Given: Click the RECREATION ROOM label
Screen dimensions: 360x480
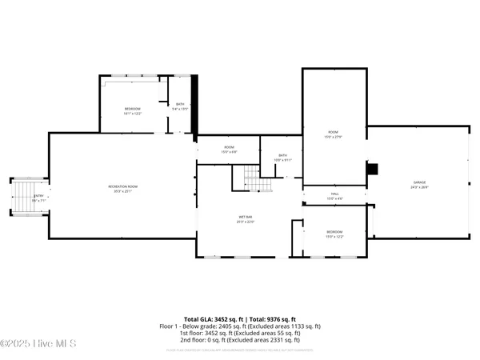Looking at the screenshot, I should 124,186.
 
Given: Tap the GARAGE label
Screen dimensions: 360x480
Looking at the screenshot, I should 420,183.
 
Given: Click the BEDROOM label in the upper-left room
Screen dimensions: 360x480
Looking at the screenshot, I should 133,108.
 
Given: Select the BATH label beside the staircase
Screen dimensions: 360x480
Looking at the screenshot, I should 282,156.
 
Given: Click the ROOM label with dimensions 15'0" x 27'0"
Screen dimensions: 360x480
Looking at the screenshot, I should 333,132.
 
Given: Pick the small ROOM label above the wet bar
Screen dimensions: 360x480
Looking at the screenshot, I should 229,148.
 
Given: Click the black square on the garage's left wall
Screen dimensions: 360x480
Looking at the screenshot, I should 372,169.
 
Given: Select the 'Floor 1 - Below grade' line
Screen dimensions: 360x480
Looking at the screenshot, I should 240,326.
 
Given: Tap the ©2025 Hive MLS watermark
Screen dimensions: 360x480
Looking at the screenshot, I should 38,344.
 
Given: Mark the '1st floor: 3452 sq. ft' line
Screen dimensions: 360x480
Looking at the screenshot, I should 240,333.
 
